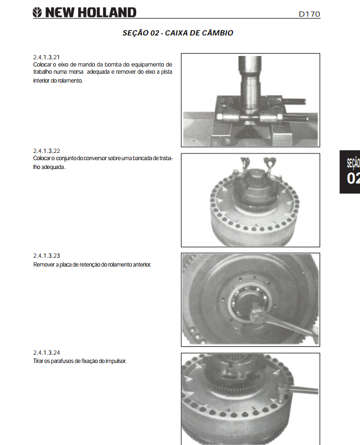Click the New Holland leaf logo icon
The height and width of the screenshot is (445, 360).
click(x=37, y=13)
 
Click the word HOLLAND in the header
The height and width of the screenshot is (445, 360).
click(x=107, y=13)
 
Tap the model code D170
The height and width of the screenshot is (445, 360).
click(x=310, y=14)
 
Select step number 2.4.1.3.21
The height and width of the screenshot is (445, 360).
click(x=47, y=57)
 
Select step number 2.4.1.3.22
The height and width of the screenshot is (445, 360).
click(x=47, y=151)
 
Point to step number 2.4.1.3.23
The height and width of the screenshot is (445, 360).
click(x=47, y=255)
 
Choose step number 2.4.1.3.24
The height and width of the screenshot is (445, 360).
click(x=47, y=352)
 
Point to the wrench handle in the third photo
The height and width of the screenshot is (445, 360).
click(x=292, y=327)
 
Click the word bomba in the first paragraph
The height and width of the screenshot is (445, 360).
click(x=113, y=64)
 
